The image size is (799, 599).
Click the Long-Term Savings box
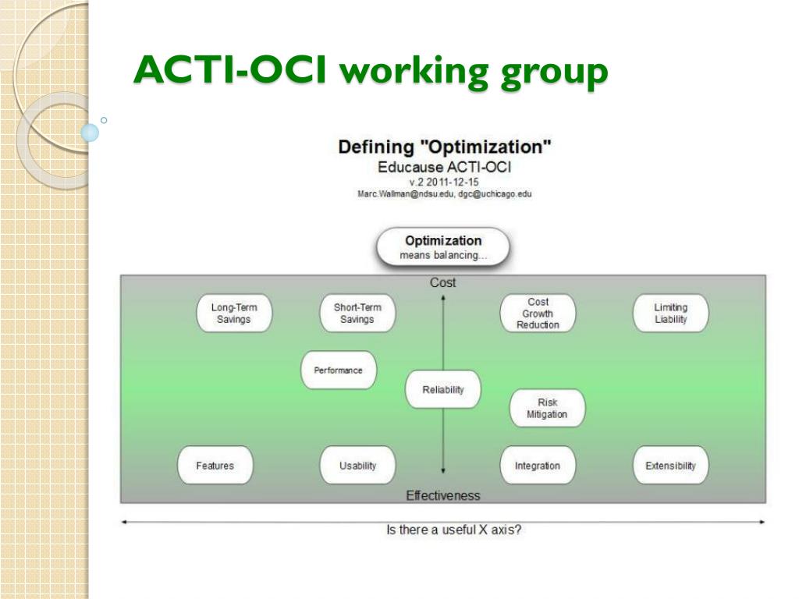[x=234, y=314]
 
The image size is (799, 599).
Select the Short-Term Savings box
[x=357, y=314]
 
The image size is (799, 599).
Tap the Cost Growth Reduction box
[x=538, y=314]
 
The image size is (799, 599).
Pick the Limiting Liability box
[x=670, y=314]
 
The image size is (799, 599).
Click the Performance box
[x=339, y=370]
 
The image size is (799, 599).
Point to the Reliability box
[x=443, y=390]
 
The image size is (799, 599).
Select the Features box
[x=215, y=465]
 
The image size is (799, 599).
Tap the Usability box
[x=357, y=465]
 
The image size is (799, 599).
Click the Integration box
[x=538, y=465]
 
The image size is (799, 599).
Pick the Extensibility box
[x=670, y=465]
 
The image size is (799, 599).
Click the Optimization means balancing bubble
[x=443, y=247]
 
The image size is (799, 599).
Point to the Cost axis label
[x=443, y=282]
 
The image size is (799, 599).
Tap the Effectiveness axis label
[x=443, y=495]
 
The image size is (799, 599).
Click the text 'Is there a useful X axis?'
[x=453, y=530]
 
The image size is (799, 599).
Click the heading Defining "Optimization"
[x=444, y=147]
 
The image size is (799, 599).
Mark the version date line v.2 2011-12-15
[x=444, y=182]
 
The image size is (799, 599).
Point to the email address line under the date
[x=444, y=194]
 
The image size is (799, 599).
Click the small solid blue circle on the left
[x=90, y=133]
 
